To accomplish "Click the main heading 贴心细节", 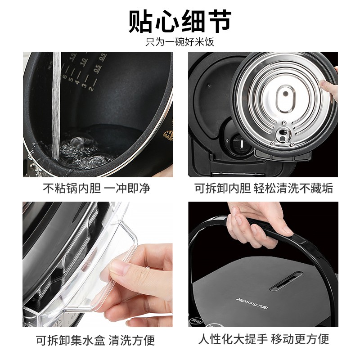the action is (180, 21).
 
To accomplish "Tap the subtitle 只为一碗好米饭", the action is (180, 42).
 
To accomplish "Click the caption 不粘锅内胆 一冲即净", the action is (97, 188).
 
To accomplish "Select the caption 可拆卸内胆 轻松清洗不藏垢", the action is (264, 188).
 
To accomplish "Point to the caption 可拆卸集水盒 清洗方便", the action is (95, 340).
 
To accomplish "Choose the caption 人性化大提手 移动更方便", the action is (264, 339).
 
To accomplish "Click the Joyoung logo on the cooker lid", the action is (252, 303).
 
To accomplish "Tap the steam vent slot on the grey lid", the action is (286, 281).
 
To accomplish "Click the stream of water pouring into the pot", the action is (56, 106).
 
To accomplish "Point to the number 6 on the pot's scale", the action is (65, 76).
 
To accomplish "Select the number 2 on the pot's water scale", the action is (91, 88).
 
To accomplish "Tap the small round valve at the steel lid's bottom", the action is (283, 135).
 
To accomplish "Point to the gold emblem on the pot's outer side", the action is (168, 135).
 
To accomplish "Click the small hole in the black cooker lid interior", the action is (209, 86).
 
